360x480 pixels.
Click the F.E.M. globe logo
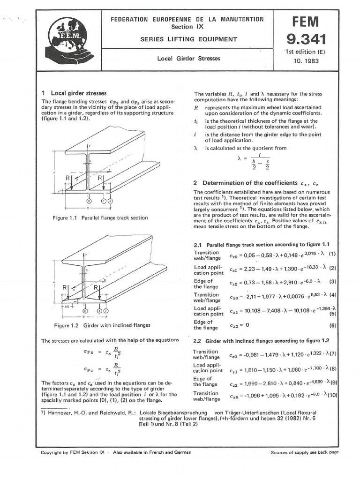click(x=71, y=41)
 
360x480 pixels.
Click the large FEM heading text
click(x=306, y=21)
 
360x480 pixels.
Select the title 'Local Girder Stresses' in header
click(x=187, y=59)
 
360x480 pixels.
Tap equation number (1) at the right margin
click(x=332, y=254)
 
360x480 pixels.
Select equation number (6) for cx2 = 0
click(x=332, y=325)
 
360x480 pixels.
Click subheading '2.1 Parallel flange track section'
click(x=262, y=244)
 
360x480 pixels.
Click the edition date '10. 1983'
click(x=305, y=60)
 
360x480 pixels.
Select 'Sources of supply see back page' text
click(x=304, y=452)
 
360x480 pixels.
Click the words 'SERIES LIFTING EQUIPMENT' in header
click(x=187, y=39)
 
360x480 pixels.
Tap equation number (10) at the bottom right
click(x=332, y=396)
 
